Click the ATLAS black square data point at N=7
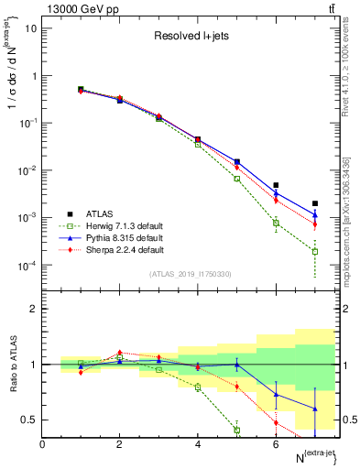click(315, 203)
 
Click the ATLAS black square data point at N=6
click(276, 185)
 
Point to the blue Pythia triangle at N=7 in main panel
click(315, 215)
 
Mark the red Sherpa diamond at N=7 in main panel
click(315, 224)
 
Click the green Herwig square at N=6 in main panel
click(276, 223)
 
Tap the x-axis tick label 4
click(198, 443)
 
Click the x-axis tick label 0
click(42, 443)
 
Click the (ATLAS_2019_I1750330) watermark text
click(191, 274)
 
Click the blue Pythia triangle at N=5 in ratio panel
click(236, 365)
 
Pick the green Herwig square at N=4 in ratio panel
click(198, 387)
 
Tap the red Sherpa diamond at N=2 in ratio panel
click(119, 352)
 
